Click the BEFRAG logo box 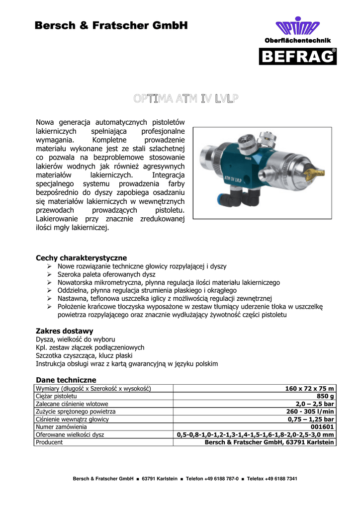(297, 56)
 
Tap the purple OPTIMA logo (297, 27)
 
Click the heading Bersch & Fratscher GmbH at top (111, 25)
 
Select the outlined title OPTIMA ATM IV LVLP (185, 99)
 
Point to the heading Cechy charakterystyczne (81, 258)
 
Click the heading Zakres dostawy (65, 331)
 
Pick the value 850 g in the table (325, 396)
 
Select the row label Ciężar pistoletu (56, 396)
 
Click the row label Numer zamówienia (61, 426)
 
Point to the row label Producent (49, 442)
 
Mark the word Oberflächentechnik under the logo (297, 40)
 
